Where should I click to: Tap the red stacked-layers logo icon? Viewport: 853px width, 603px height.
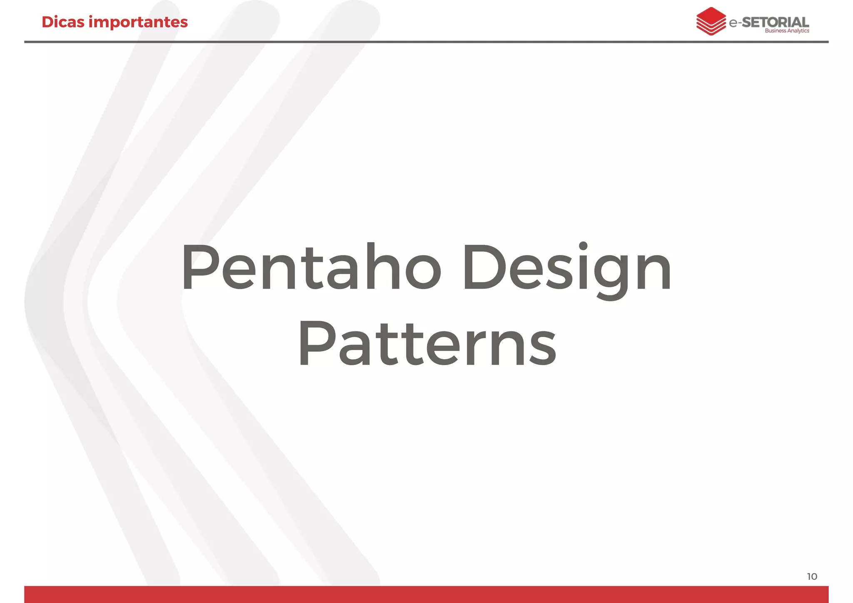(x=711, y=21)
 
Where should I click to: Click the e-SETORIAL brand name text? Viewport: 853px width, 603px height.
(x=769, y=22)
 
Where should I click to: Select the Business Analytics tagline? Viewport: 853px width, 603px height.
(x=787, y=31)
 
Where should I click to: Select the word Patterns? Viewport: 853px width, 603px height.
(x=426, y=344)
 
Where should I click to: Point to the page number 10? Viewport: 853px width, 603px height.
(x=812, y=577)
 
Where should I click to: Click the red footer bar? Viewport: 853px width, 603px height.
(x=426, y=594)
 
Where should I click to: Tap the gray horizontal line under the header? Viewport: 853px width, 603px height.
(x=426, y=42)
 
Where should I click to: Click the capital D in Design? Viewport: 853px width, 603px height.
(x=483, y=268)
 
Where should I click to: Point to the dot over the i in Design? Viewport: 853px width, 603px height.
(x=584, y=246)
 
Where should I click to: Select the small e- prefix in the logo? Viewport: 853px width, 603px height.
(x=735, y=23)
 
